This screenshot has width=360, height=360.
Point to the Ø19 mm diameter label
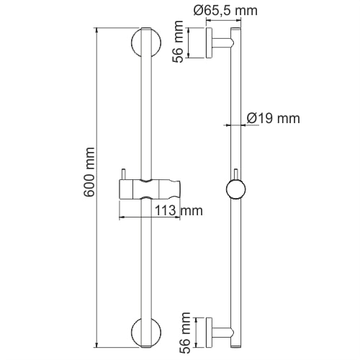(272, 118)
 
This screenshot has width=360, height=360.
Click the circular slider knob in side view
(235, 189)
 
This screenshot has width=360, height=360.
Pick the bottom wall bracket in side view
(220, 332)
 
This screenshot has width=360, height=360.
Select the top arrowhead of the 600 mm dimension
(98, 32)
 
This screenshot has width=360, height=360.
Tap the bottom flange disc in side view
(208, 332)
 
